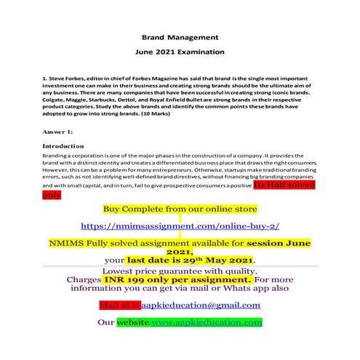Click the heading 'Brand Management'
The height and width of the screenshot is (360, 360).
click(x=179, y=36)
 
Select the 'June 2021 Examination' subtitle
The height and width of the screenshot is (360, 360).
click(x=180, y=52)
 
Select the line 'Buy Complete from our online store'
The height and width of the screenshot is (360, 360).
click(x=179, y=209)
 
